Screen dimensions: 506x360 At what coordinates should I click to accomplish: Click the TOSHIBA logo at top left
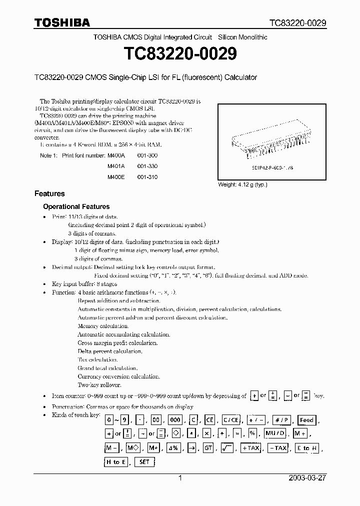click(x=62, y=22)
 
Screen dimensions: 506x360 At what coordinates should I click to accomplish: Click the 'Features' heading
click(x=49, y=193)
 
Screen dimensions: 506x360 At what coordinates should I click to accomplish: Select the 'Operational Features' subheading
click(x=76, y=206)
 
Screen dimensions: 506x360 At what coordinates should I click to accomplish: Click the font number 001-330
click(x=148, y=166)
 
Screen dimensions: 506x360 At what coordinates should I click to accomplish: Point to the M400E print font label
click(x=115, y=177)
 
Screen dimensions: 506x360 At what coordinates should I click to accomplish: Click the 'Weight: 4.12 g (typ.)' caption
click(x=242, y=184)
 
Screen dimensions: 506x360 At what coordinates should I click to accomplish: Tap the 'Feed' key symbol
click(x=306, y=420)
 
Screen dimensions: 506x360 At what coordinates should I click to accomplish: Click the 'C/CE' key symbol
click(x=230, y=420)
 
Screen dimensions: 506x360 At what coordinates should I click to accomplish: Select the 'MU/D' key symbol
click(x=275, y=434)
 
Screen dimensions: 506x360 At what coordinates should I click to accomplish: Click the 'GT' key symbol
click(x=208, y=448)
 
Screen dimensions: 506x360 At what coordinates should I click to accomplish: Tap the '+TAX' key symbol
click(x=250, y=448)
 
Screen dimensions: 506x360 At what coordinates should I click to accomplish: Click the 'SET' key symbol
click(x=144, y=462)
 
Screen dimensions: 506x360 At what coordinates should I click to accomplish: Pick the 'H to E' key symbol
click(x=115, y=462)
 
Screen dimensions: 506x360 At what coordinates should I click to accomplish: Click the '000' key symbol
click(x=174, y=420)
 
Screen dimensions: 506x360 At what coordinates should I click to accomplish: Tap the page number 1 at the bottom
click(x=180, y=478)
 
